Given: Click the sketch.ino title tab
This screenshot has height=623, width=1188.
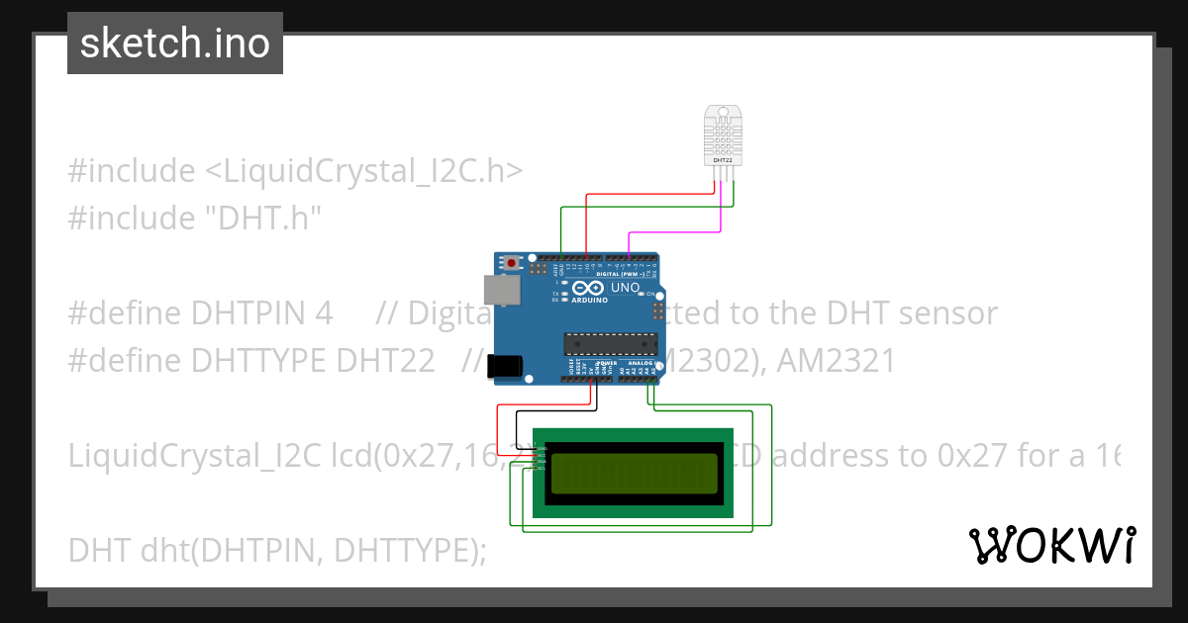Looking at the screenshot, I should click(175, 44).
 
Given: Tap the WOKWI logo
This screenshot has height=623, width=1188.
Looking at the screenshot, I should click(1051, 545).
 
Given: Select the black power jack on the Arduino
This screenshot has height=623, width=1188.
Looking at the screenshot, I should click(507, 365).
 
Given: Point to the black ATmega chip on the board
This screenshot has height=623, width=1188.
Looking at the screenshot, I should click(610, 344).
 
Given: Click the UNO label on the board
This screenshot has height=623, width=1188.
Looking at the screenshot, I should click(626, 288).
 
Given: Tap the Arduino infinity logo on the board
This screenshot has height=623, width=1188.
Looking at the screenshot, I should click(588, 288).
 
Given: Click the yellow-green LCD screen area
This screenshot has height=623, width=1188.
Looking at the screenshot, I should click(634, 473).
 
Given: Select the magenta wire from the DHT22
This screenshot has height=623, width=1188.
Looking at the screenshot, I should click(673, 232).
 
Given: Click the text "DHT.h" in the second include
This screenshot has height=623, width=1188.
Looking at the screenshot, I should click(259, 218).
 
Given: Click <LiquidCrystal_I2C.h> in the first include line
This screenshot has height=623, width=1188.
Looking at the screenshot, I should click(363, 171).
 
